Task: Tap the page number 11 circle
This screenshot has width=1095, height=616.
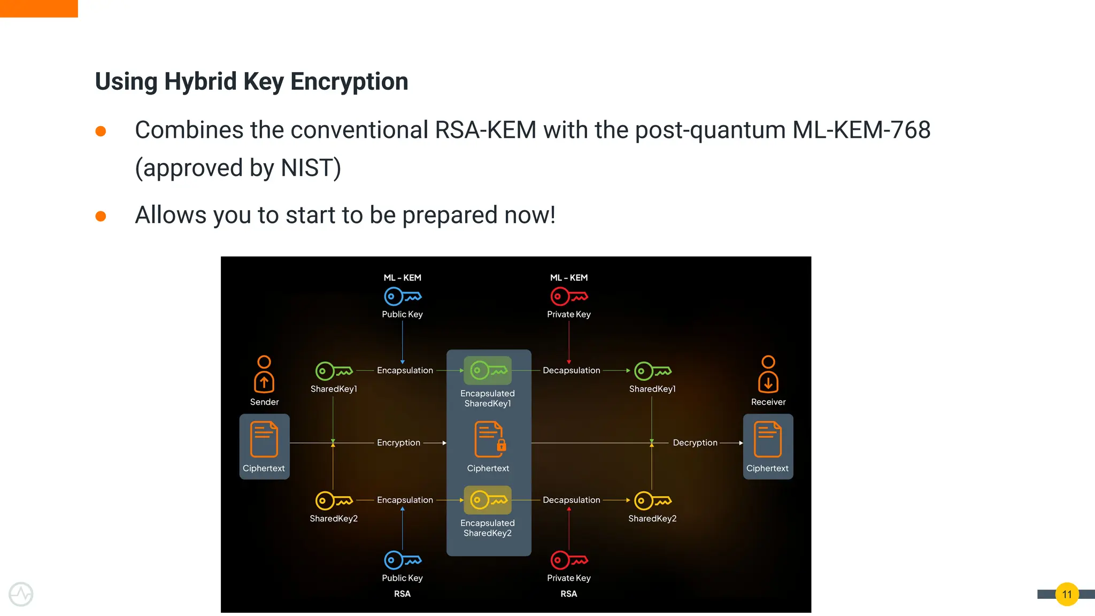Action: (1067, 594)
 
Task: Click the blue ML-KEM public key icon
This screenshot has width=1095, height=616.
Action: (402, 296)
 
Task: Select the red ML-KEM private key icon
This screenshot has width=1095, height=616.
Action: (569, 296)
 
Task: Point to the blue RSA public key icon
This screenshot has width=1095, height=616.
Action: (402, 560)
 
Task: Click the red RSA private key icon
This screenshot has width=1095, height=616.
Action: (569, 560)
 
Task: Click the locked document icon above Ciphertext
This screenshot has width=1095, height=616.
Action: (489, 440)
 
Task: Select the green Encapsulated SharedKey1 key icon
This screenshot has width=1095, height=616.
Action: (488, 371)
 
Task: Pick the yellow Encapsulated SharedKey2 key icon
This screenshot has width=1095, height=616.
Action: (488, 500)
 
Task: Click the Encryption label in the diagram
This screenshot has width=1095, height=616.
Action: (398, 443)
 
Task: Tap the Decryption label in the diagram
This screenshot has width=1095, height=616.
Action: (695, 443)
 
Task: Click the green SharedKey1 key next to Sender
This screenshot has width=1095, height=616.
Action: (334, 371)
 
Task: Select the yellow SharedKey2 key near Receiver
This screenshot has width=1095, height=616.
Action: (652, 501)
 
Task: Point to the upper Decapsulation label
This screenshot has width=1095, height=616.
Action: (571, 371)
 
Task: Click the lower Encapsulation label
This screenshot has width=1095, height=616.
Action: (405, 500)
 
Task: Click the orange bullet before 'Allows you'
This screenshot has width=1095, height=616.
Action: (101, 216)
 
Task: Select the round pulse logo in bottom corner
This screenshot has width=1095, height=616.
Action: (21, 594)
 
